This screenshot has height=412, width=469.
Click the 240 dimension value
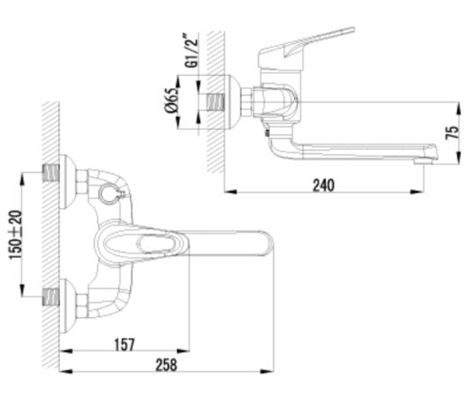(x=323, y=185)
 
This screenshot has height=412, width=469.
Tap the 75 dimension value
(x=452, y=133)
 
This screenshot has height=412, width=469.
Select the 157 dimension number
(x=125, y=345)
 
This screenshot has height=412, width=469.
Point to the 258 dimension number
(x=166, y=365)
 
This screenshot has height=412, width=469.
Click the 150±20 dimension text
(x=15, y=235)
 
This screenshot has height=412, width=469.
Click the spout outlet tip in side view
(x=424, y=161)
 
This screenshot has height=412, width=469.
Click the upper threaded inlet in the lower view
(x=51, y=173)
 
